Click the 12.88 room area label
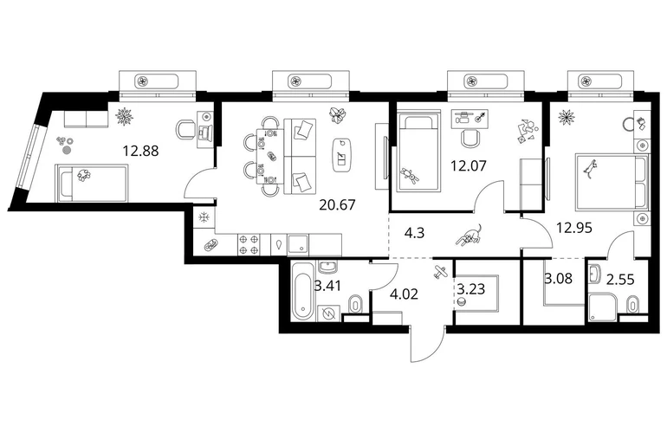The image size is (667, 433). click(140, 151)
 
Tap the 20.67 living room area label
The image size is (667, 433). click(337, 205)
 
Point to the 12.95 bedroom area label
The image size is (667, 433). click(574, 228)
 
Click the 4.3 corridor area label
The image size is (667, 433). click(414, 233)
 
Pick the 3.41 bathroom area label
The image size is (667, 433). click(327, 286)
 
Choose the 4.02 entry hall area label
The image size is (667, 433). click(405, 294)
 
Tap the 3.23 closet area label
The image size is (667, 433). click(471, 289)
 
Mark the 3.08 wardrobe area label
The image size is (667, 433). click(558, 279)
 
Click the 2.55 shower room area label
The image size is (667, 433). click(620, 280)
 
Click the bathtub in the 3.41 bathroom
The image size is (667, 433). click(303, 292)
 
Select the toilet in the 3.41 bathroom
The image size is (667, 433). click(355, 303)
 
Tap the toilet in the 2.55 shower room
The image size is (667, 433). click(633, 304)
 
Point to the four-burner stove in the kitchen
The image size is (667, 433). click(249, 244)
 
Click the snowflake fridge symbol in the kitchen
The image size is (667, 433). click(204, 217)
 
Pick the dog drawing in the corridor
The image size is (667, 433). click(469, 236)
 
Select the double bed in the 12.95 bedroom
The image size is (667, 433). click(612, 183)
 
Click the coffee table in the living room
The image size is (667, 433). click(342, 155)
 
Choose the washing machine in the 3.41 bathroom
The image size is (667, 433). click(328, 313)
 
